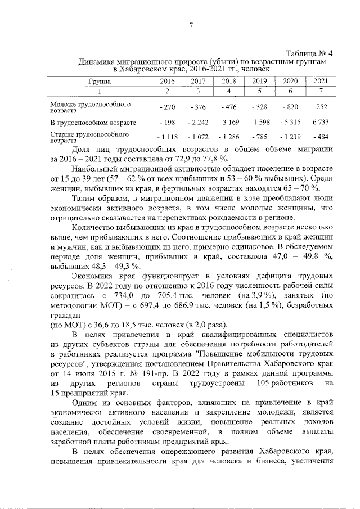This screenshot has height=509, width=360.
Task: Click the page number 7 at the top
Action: [191, 25]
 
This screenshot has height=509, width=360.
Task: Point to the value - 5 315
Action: [290, 122]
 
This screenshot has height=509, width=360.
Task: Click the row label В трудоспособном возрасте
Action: [93, 122]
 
